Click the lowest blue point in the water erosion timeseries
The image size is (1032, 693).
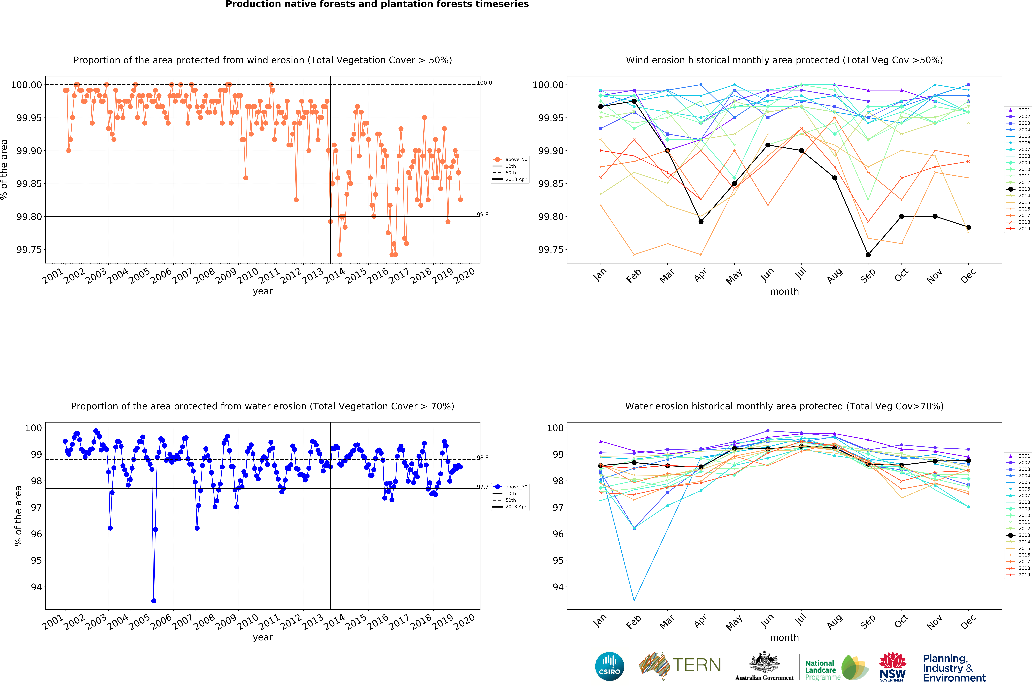tap(153, 601)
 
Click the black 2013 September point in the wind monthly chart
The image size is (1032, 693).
tap(868, 255)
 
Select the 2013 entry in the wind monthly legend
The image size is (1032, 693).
tap(1018, 189)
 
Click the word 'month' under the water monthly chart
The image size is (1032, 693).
tap(784, 637)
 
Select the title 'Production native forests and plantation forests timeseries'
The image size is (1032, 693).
tap(377, 4)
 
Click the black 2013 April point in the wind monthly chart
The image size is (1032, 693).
tap(701, 221)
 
